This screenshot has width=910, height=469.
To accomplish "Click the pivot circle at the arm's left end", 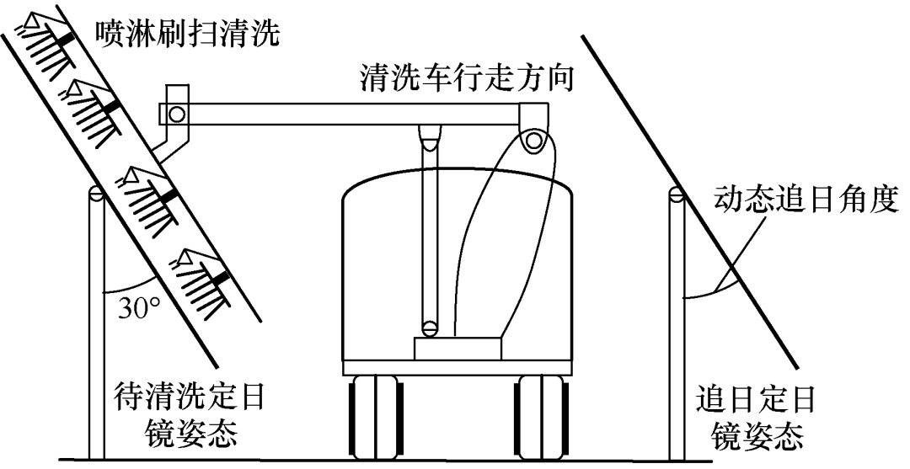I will pos(176,113).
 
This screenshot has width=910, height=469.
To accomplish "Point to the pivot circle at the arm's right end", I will pos(532,141).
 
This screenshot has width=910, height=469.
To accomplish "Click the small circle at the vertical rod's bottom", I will pos(431,328).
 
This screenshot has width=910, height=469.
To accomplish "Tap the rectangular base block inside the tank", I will pos(458,348).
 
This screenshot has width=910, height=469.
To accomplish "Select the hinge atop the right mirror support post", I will pos(675,195).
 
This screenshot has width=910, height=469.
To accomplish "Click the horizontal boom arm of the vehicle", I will pos(354,112).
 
